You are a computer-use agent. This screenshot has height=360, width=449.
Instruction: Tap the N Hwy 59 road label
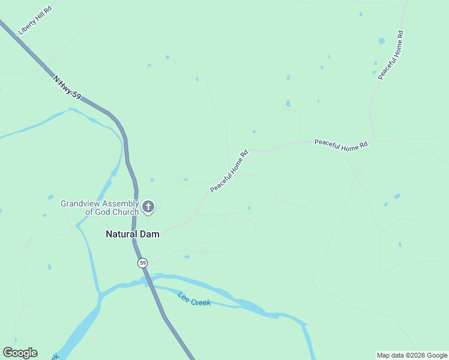point(67,88)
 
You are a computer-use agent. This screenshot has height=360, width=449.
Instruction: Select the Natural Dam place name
point(133,235)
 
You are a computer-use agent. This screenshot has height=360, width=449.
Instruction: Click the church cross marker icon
point(148,208)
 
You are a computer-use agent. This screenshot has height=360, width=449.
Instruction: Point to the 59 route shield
point(142,263)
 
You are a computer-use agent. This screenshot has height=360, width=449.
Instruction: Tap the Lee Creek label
point(194,299)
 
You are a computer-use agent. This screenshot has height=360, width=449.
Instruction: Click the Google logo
point(20,353)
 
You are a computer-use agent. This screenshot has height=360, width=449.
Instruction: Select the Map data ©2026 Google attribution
point(412,355)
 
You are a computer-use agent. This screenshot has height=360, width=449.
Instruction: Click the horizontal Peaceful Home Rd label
point(340,145)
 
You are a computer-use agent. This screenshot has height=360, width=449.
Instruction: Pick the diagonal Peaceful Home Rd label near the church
point(229,172)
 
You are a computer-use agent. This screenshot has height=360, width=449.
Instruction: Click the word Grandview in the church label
point(80,203)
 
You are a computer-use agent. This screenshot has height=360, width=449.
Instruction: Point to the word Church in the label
point(125,212)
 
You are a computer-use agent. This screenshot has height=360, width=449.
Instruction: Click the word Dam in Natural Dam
point(150,235)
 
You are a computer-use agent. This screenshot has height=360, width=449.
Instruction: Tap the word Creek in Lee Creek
point(201,302)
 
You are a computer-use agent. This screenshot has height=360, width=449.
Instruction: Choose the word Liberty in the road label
point(26,27)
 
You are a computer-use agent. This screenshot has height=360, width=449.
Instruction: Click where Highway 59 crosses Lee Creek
point(148,280)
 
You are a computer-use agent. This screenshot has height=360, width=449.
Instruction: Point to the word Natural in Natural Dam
point(122,235)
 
